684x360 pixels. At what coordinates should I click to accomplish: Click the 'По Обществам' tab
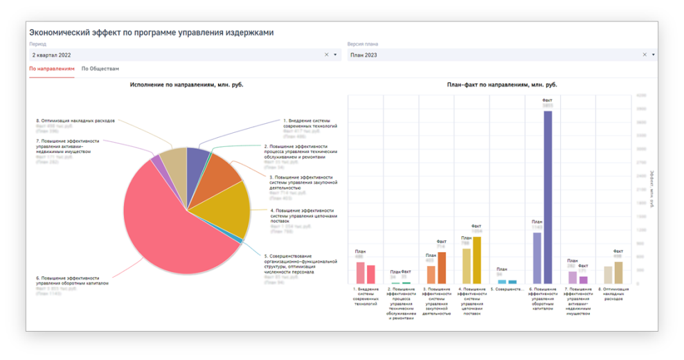(100, 69)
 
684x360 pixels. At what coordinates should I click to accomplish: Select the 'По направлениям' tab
(52, 69)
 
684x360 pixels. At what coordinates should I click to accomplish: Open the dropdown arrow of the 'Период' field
(336, 55)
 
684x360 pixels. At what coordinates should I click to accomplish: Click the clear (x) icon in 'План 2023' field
(645, 55)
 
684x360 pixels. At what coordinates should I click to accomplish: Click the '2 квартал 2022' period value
(52, 55)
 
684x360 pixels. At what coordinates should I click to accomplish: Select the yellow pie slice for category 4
(225, 208)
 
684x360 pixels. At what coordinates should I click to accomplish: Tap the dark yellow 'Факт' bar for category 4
(476, 260)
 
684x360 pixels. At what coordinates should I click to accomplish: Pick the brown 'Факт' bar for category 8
(618, 272)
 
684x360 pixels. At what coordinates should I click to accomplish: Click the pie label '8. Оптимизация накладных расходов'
(75, 120)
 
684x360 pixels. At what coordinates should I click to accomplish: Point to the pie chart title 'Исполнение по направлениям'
(187, 85)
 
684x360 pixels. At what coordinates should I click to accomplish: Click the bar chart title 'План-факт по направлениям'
(502, 85)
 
